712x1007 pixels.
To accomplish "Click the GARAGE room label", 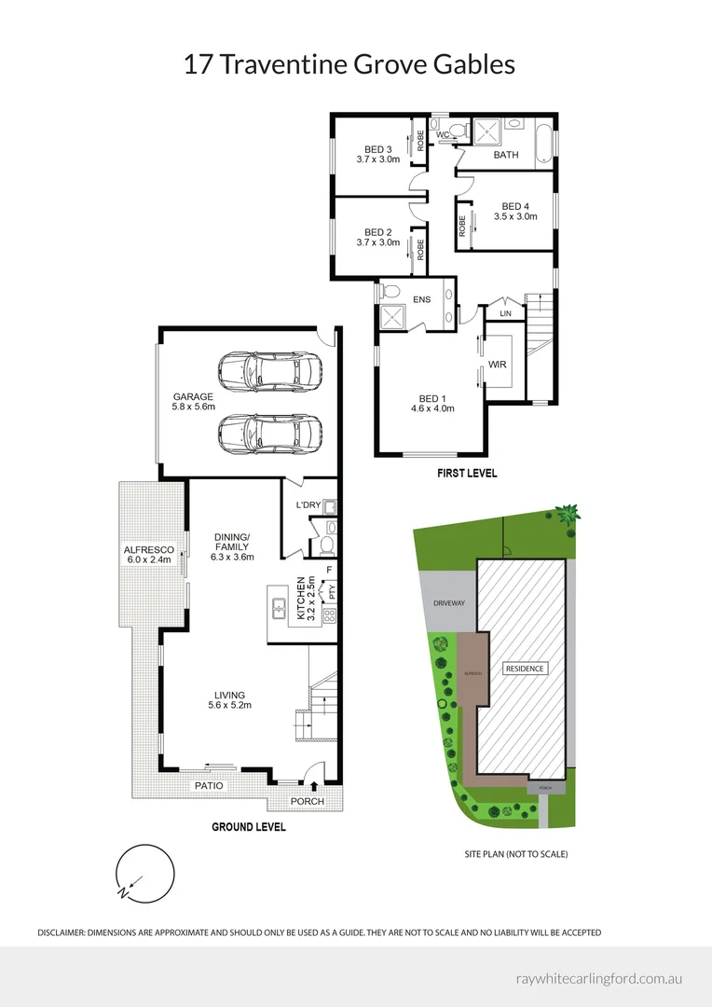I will tap(193, 396).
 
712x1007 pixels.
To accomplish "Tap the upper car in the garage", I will tap(270, 371).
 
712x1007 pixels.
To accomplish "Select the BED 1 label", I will tap(431, 398).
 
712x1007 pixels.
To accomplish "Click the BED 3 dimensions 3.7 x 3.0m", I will tap(377, 159).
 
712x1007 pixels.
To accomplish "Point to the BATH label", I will tap(506, 155).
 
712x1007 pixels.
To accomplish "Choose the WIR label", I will tap(497, 365).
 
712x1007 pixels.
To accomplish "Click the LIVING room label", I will tap(229, 695).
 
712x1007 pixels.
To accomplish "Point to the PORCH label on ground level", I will tap(307, 801).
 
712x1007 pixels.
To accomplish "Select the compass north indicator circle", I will tap(145, 874).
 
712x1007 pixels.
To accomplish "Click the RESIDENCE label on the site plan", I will tap(525, 669).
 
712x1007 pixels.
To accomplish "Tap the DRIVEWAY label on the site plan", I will tap(448, 603).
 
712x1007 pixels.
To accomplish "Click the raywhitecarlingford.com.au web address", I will tap(600, 979).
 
